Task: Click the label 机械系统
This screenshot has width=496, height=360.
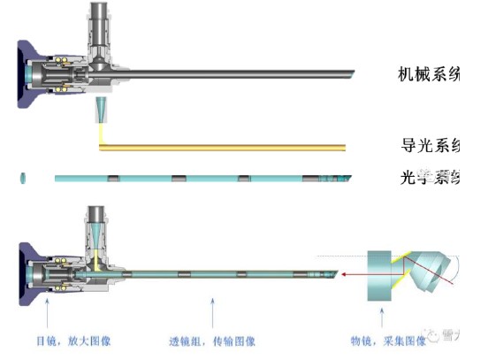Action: [x=430, y=73]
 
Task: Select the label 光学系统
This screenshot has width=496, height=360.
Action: [x=431, y=177]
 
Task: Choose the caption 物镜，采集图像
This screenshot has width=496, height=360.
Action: [x=387, y=340]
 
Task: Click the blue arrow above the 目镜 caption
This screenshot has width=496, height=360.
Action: [x=47, y=314]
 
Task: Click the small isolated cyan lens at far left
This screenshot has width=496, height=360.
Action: [x=22, y=179]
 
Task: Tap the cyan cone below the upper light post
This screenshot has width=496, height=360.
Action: [x=99, y=111]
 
